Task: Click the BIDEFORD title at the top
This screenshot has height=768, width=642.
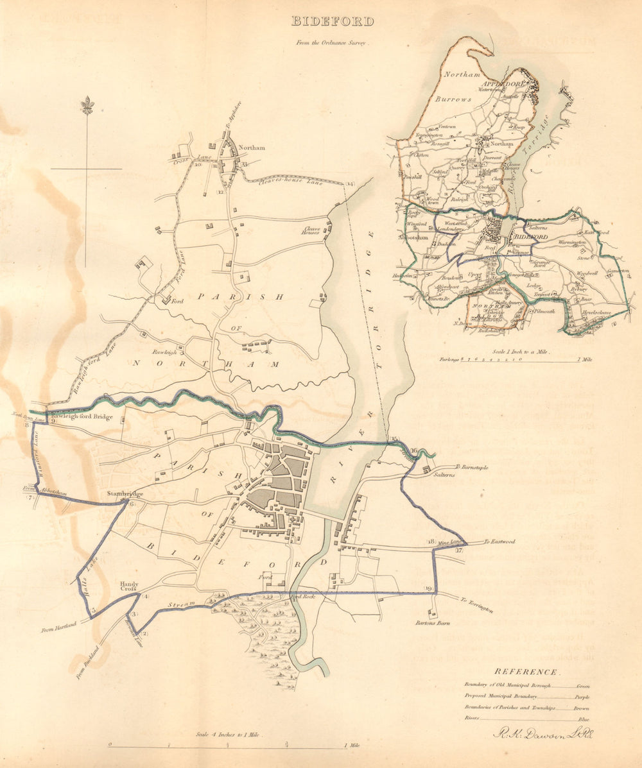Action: point(332,21)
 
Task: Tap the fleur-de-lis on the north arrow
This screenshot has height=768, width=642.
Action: point(87,105)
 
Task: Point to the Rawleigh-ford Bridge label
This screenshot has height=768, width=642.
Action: point(82,417)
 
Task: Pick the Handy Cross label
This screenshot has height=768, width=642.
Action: point(129,587)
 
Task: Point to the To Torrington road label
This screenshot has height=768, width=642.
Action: point(476,604)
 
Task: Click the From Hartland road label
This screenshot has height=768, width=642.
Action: point(59,626)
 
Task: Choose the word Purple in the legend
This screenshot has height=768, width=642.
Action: point(582,697)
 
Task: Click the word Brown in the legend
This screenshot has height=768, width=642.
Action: point(582,708)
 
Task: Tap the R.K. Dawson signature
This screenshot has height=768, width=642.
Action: point(542,734)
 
